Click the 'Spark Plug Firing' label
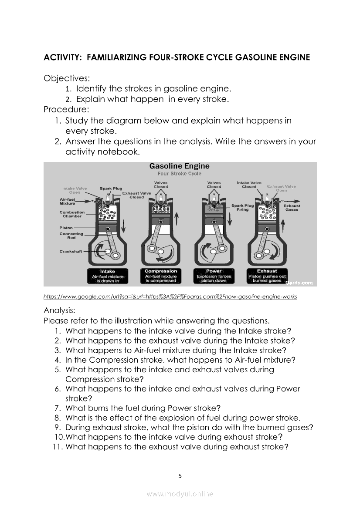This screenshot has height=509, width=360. [x=242, y=207]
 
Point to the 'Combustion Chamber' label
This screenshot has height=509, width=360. [x=72, y=214]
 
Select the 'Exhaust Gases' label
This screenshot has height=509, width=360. [x=292, y=208]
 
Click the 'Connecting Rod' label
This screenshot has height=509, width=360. [x=71, y=236]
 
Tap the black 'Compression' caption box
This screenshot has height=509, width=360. [x=161, y=276]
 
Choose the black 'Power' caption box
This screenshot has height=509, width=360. [x=214, y=276]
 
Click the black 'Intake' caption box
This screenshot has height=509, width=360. [x=108, y=276]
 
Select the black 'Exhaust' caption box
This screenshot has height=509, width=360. [x=267, y=276]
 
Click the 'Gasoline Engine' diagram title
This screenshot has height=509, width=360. [x=179, y=166]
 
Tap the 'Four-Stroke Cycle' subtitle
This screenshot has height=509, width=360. [x=179, y=173]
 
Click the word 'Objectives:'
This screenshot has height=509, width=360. [x=67, y=78]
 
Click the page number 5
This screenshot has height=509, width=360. [x=180, y=476]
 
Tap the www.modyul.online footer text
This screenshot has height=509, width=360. [x=180, y=494]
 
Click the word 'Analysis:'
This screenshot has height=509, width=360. [x=60, y=311]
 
